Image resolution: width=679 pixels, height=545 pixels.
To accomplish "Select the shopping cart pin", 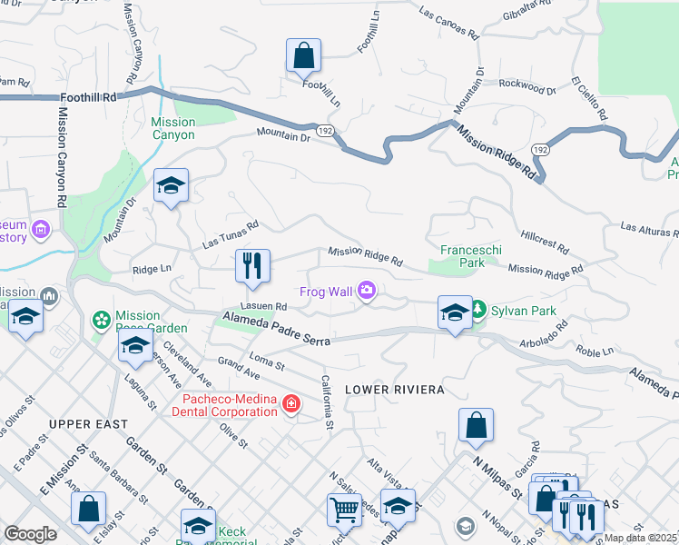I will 344,510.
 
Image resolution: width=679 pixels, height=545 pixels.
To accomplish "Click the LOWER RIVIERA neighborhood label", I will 394,389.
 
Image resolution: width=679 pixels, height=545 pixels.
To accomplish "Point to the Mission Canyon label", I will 172,128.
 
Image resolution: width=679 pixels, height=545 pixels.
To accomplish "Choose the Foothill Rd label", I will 89,96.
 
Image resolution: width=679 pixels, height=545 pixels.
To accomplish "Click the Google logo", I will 30,534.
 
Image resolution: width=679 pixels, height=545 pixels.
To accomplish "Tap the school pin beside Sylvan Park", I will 454,312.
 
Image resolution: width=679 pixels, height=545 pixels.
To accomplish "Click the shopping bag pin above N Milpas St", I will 476,425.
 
